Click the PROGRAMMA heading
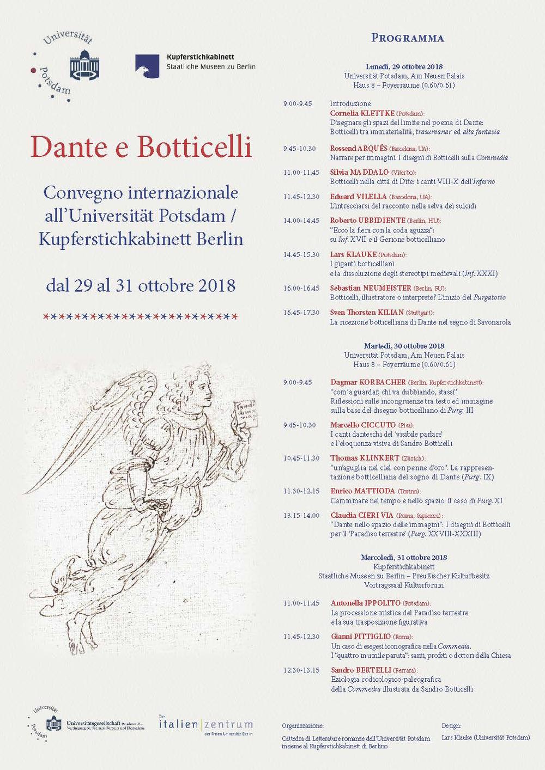click(408, 38)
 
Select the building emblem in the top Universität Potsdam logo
click(84, 64)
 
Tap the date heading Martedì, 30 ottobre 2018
click(404, 346)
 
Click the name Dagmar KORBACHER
click(360, 382)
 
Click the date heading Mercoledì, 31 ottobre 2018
click(404, 558)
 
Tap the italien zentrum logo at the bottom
click(205, 725)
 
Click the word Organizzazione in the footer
click(302, 726)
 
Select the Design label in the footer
click(451, 726)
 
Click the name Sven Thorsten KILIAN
click(367, 313)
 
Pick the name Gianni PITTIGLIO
click(361, 636)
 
